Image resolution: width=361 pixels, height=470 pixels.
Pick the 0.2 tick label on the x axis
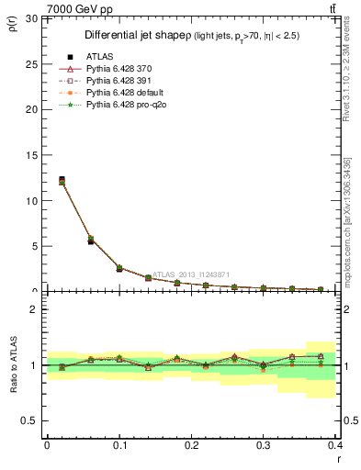[191, 444]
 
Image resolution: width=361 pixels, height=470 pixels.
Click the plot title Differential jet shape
[138, 35]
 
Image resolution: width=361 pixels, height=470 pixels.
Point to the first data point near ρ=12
[62, 180]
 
